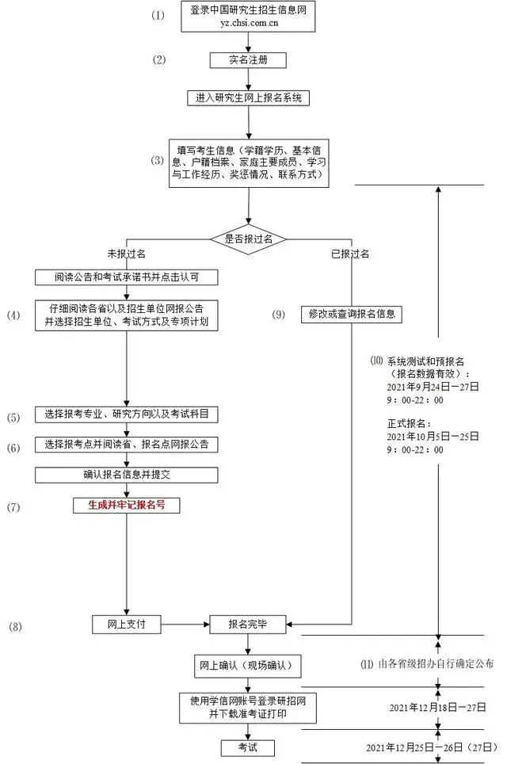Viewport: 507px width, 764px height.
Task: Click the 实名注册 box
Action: click(x=248, y=60)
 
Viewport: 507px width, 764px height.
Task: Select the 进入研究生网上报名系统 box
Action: click(x=249, y=98)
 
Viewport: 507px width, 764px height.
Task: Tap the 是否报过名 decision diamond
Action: click(x=248, y=238)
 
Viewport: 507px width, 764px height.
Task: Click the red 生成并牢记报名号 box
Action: click(x=126, y=503)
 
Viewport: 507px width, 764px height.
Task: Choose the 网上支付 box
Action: click(x=125, y=625)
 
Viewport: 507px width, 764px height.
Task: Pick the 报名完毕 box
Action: click(x=247, y=625)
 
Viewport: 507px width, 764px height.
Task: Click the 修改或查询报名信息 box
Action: click(x=351, y=314)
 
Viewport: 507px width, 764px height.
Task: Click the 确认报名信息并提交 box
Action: click(x=126, y=474)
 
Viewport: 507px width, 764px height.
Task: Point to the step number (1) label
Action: click(x=159, y=15)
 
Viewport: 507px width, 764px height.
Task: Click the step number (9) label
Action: click(x=278, y=315)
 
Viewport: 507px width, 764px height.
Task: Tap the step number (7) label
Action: click(x=14, y=505)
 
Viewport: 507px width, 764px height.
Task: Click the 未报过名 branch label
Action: click(x=126, y=254)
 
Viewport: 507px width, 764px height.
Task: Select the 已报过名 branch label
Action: click(x=350, y=254)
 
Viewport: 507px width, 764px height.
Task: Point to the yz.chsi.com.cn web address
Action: click(x=248, y=24)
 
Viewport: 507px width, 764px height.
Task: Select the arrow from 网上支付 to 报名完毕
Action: click(x=185, y=625)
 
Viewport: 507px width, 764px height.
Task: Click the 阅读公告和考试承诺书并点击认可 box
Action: click(x=126, y=277)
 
